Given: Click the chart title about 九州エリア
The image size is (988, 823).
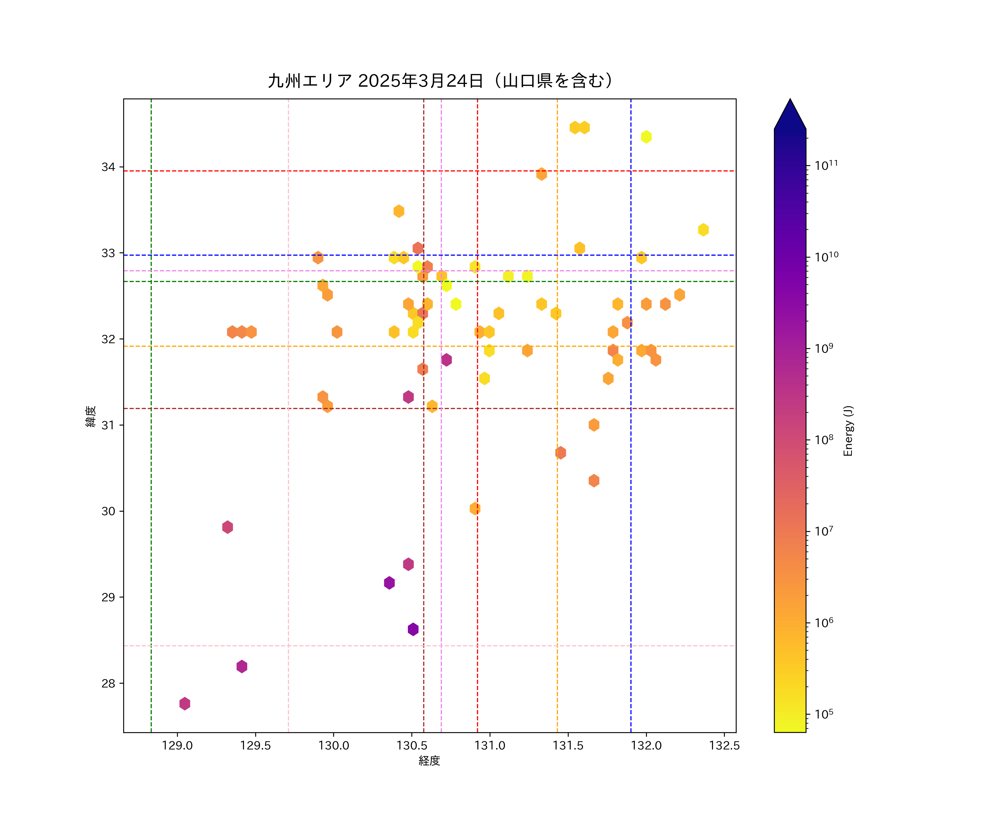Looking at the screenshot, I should (x=440, y=81).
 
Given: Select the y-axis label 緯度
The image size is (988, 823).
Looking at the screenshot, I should (x=91, y=416).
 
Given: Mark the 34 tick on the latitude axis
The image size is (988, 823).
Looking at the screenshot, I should (x=108, y=167).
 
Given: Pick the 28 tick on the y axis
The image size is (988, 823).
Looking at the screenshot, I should (x=108, y=683).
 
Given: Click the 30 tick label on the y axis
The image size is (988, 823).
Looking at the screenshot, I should (x=108, y=511).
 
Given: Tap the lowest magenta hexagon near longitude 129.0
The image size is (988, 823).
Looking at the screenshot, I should (x=184, y=704).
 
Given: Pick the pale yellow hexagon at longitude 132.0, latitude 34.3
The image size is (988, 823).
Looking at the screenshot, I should (x=646, y=137).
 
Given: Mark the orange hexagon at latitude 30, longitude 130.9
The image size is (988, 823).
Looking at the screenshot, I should (x=475, y=508).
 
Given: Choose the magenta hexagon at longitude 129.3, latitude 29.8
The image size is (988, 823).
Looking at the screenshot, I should (x=227, y=527).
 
